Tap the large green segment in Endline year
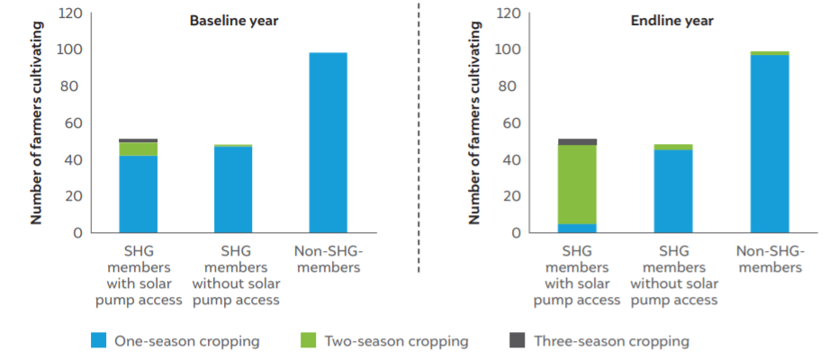point(577,184)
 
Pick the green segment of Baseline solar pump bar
point(139,148)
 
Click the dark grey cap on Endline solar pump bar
point(577,141)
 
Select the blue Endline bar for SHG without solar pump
point(672,191)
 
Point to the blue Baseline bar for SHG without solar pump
point(233,189)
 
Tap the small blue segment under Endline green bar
point(577,228)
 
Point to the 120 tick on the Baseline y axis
point(70,13)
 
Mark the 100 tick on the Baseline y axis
point(70,50)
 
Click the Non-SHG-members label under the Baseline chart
point(328,259)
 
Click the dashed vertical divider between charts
point(418,135)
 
